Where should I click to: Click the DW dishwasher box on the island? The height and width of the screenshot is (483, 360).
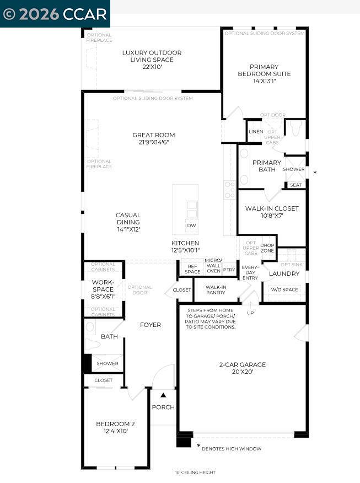click(191, 226)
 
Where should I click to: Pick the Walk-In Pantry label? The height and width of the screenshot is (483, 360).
click(216, 289)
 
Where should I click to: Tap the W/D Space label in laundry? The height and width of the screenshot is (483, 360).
click(284, 289)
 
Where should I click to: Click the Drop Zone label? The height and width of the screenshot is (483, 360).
click(267, 248)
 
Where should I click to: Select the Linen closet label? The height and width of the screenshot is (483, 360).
click(256, 132)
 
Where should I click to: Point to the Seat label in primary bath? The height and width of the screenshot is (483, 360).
click(295, 185)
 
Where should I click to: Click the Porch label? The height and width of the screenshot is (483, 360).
click(163, 407)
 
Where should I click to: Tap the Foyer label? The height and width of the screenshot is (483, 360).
click(151, 325)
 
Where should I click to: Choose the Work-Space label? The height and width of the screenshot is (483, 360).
click(103, 289)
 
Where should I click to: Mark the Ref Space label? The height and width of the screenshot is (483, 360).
click(192, 269)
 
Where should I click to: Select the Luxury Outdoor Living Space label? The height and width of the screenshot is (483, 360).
click(152, 60)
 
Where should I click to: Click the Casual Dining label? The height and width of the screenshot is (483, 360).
click(128, 222)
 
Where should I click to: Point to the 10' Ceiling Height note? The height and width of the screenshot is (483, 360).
click(195, 473)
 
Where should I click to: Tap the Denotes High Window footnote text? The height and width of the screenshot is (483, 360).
click(232, 449)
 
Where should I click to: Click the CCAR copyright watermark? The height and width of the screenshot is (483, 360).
click(55, 14)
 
